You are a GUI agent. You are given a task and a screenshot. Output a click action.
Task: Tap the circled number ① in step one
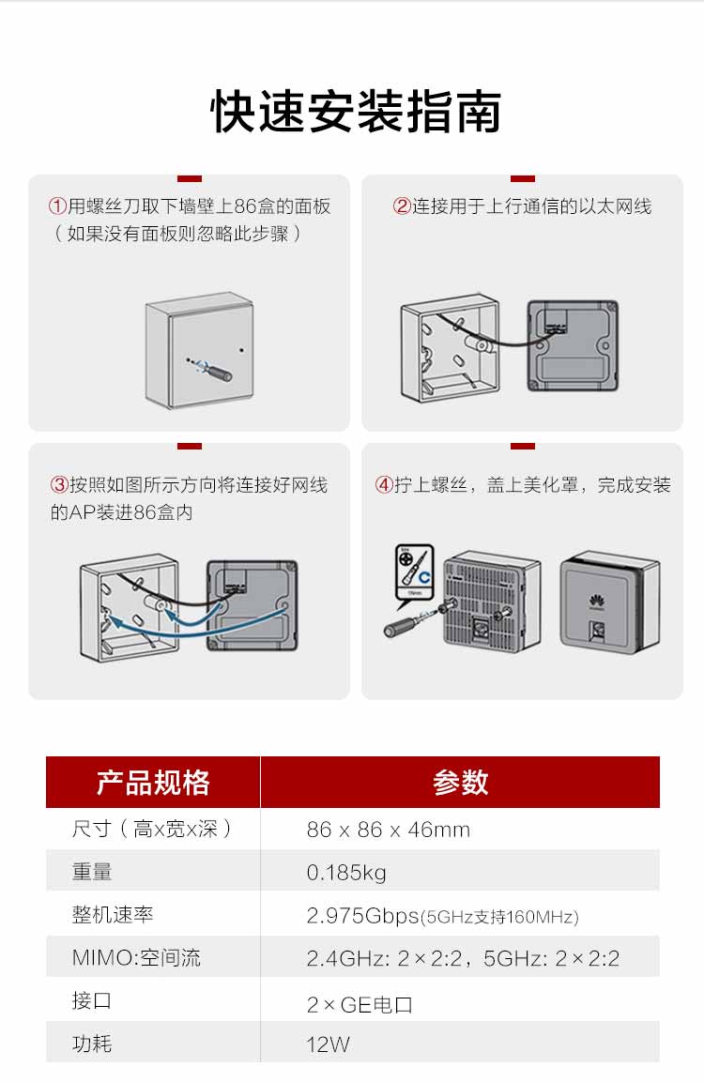[58, 206]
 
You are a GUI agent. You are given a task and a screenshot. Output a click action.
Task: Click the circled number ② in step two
[402, 206]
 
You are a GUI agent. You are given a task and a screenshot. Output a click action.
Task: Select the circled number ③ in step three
[58, 485]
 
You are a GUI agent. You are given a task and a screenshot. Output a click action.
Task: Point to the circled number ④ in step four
[384, 485]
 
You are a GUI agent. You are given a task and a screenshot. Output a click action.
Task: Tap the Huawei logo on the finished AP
[597, 601]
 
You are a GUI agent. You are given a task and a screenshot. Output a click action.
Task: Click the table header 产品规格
[153, 783]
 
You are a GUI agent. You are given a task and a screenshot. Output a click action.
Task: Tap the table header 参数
[460, 783]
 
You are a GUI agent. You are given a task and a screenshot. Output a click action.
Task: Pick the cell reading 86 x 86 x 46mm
[388, 830]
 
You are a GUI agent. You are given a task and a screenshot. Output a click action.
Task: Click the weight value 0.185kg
[346, 873]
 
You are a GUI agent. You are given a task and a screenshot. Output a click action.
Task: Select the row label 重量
[92, 873]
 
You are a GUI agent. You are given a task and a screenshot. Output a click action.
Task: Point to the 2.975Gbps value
[362, 916]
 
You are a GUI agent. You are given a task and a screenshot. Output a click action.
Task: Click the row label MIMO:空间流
[136, 958]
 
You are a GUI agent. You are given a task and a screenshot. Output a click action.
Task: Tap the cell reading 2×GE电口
[360, 1004]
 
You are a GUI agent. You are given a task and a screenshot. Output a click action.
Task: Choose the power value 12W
[328, 1044]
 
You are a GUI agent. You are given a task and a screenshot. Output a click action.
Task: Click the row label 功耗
[92, 1044]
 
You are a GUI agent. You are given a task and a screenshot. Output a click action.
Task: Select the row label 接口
[92, 1001]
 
